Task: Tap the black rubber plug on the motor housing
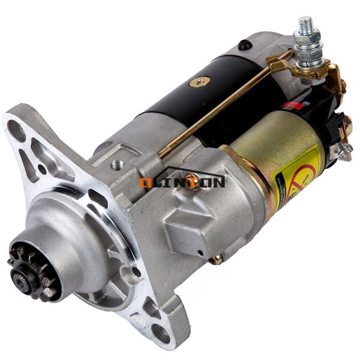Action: click(243, 45)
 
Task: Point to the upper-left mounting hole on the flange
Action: click(16, 128)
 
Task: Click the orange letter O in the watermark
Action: click(145, 182)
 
